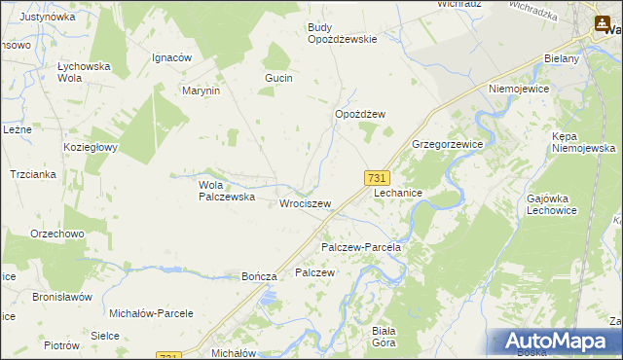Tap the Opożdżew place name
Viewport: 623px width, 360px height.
[x=360, y=114]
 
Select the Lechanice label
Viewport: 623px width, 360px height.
[x=398, y=193]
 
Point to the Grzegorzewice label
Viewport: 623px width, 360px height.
[x=448, y=143]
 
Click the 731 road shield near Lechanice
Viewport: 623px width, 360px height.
[x=378, y=177]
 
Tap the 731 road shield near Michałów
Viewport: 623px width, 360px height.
[x=169, y=356]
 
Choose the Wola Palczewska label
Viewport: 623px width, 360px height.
[x=227, y=190]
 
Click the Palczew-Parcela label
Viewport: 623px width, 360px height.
[x=361, y=247]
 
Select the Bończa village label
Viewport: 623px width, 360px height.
[x=260, y=276]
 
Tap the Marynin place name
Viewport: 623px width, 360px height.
[x=202, y=90]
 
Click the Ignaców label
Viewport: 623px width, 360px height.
[x=170, y=57]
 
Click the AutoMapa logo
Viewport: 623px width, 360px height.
[x=556, y=341]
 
